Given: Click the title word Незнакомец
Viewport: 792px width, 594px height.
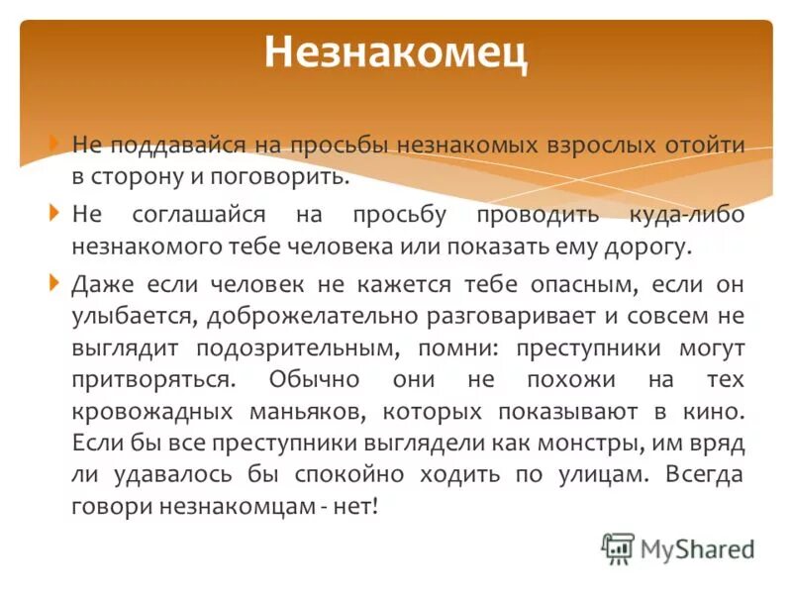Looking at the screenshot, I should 396,52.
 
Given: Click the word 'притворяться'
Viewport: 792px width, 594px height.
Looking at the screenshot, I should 153,380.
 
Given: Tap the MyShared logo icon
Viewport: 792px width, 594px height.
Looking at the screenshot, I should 618,547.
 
